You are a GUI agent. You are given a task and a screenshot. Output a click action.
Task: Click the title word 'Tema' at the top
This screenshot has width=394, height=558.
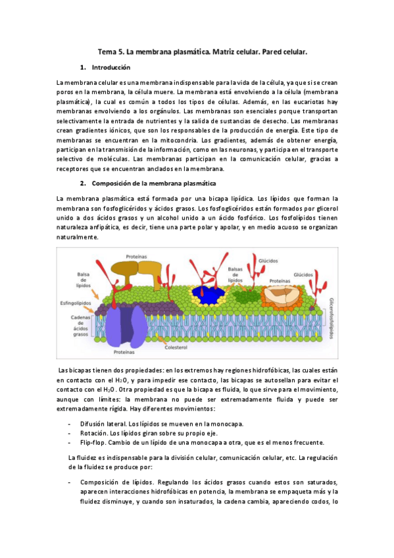[x=107, y=50]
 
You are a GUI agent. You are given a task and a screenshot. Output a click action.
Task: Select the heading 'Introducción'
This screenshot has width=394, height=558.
[x=111, y=68]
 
